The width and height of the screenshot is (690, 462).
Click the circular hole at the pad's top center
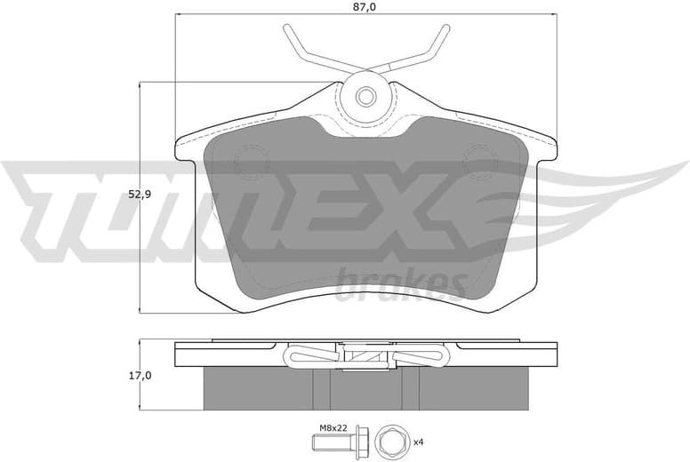[365, 96]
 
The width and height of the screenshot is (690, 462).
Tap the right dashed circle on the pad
[481, 163]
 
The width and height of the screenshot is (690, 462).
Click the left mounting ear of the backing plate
[187, 148]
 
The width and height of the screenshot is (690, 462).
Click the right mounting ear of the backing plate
[544, 148]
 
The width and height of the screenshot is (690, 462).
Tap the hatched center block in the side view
[365, 356]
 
